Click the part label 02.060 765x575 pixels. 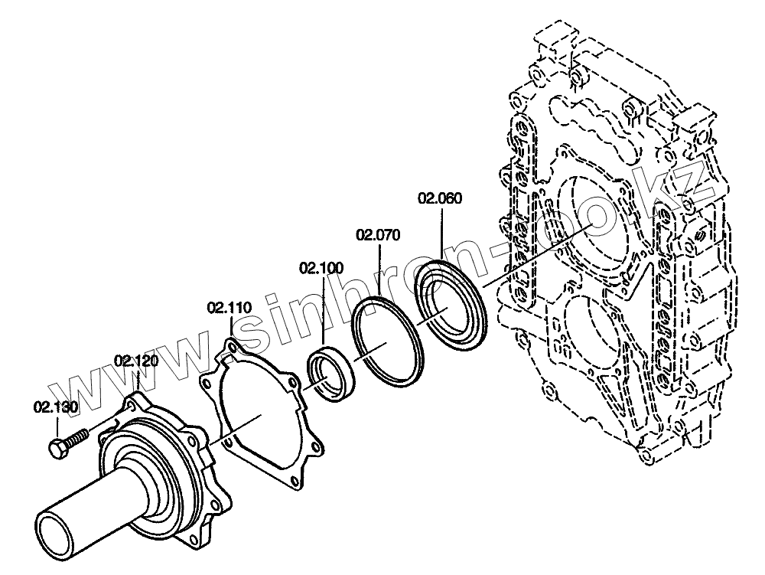(x=440, y=199)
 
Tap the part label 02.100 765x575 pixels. (x=321, y=268)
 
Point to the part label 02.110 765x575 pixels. (x=229, y=308)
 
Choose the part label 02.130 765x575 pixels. (x=55, y=407)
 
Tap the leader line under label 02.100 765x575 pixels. (x=322, y=310)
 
